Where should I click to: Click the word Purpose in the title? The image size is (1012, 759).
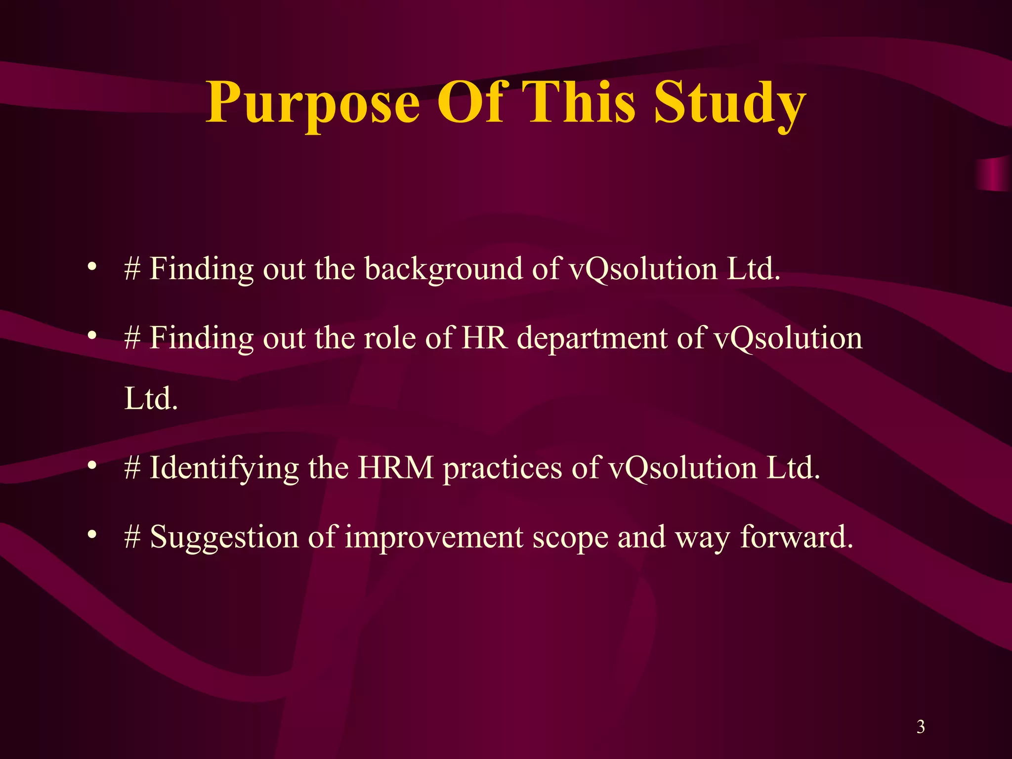pyautogui.click(x=313, y=104)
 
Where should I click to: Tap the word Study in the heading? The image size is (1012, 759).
pyautogui.click(x=730, y=104)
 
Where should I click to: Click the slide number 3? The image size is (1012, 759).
pyautogui.click(x=921, y=726)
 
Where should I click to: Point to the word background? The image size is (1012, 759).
pyautogui.click(x=443, y=270)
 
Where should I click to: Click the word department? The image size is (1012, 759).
pyautogui.click(x=592, y=339)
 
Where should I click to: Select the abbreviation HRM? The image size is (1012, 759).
pyautogui.click(x=396, y=467)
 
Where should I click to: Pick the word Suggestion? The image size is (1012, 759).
pyautogui.click(x=224, y=538)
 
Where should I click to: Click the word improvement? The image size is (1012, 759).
pyautogui.click(x=434, y=538)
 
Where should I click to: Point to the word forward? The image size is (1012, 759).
pyautogui.click(x=797, y=537)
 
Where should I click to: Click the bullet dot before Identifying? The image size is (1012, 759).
pyautogui.click(x=91, y=465)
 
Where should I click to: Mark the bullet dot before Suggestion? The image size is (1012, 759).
pyautogui.click(x=91, y=535)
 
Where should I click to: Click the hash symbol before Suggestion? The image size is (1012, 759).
pyautogui.click(x=132, y=538)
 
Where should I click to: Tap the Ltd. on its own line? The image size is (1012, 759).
pyautogui.click(x=151, y=398)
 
